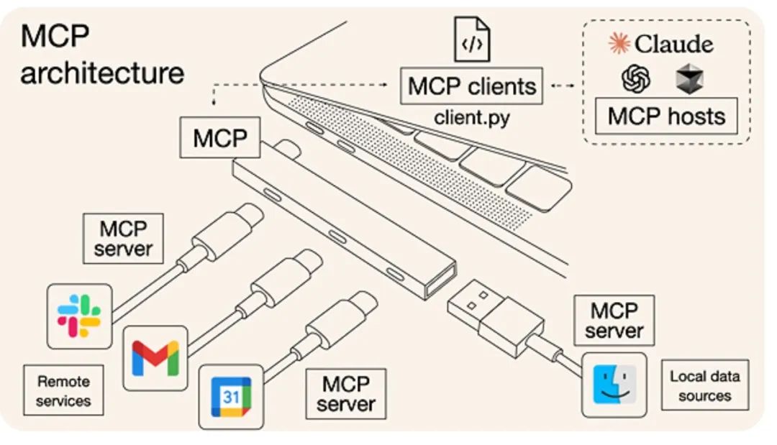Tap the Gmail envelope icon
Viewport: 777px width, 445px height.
[x=155, y=358]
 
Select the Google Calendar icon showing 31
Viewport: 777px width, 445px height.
[x=230, y=396]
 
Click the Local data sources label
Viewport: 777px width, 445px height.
[x=704, y=385]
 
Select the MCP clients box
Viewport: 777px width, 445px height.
[x=472, y=86]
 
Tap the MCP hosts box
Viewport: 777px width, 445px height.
[x=666, y=116]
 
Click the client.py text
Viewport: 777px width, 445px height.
[x=471, y=117]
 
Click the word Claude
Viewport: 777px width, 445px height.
[x=673, y=44]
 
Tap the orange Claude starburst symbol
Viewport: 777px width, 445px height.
[x=619, y=44]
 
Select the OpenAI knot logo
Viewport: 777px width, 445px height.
[x=636, y=79]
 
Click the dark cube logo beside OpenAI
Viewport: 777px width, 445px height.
[x=689, y=79]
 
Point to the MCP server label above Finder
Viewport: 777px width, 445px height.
[x=614, y=320]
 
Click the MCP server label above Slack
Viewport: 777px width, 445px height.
[x=124, y=239]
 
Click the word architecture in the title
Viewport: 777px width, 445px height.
[x=102, y=73]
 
